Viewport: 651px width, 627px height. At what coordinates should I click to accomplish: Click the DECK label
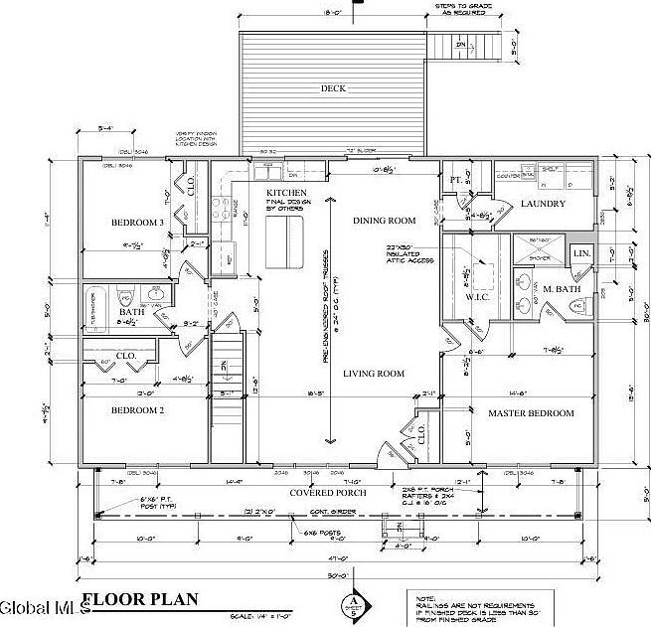333,88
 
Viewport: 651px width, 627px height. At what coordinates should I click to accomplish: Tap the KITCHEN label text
286,192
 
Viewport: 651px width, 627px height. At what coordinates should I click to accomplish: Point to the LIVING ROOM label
374,373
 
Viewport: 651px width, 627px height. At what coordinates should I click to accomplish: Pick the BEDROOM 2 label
137,409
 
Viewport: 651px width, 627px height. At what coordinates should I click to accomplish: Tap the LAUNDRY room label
543,204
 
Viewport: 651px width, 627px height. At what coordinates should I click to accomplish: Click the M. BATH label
561,289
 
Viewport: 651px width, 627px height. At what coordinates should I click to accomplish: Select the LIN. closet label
583,254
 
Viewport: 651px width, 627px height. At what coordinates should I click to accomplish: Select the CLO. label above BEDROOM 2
125,355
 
